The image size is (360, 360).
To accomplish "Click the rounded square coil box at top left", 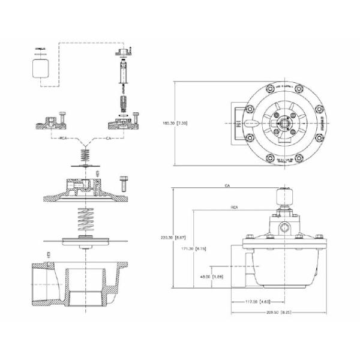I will click(41, 68).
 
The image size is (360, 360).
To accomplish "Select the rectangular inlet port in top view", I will click(238, 123).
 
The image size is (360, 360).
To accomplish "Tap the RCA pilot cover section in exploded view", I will click(51, 125).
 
